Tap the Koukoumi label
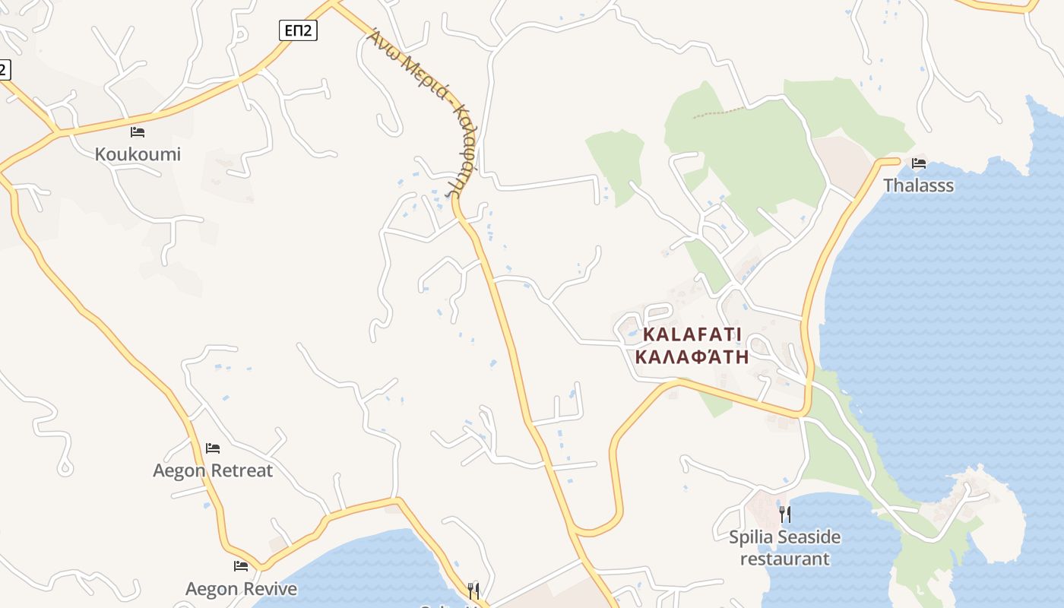click(x=138, y=154)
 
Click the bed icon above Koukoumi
click(x=138, y=132)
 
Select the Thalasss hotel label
click(x=918, y=185)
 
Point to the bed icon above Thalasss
click(x=919, y=163)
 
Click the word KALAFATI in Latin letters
click(x=692, y=334)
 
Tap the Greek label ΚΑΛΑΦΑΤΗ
click(x=692, y=357)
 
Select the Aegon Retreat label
click(x=213, y=470)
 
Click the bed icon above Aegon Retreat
click(x=213, y=448)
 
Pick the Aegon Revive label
click(x=241, y=589)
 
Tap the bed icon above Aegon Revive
click(x=241, y=566)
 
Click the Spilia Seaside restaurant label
click(x=785, y=548)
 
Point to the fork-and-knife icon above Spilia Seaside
click(x=785, y=515)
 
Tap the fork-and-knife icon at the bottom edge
click(x=473, y=591)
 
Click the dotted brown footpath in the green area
click(x=718, y=113)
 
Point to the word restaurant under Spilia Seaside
click(x=785, y=559)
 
